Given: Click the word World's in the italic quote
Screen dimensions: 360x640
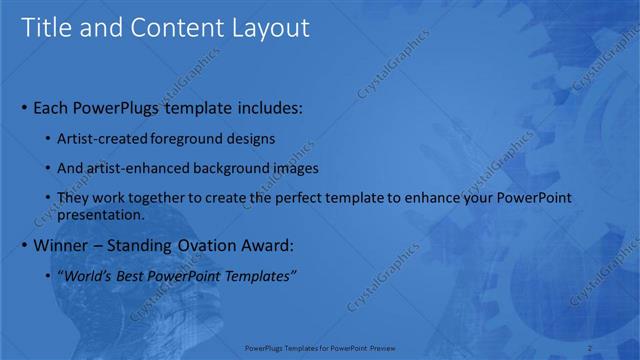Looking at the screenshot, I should [x=88, y=275].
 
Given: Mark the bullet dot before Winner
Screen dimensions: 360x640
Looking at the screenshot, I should [x=24, y=246].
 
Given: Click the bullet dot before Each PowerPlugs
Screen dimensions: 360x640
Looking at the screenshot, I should [x=24, y=107].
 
